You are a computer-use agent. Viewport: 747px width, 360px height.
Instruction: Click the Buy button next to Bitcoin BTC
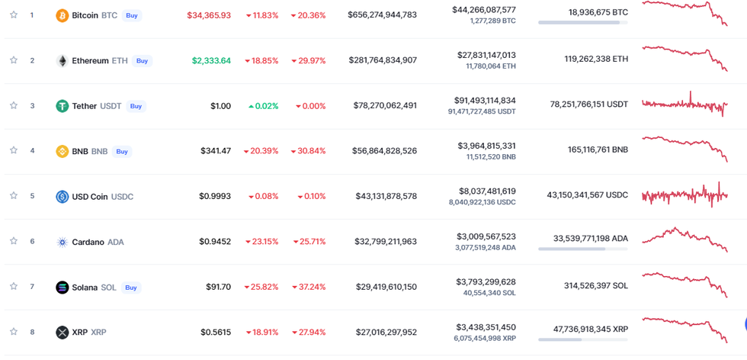(132, 15)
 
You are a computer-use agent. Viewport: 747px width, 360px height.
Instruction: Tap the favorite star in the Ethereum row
(14, 60)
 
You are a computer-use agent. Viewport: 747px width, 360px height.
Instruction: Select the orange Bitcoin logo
(63, 15)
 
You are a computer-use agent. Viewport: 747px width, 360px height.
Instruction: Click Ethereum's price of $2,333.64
(211, 60)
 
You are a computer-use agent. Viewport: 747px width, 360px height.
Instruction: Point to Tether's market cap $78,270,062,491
(385, 106)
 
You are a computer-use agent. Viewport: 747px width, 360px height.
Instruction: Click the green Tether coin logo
(63, 106)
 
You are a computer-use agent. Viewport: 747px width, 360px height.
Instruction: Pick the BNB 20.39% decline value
(261, 151)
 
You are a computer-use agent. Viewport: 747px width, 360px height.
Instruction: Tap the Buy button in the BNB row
(122, 151)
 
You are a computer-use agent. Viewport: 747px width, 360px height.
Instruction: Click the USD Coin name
(90, 197)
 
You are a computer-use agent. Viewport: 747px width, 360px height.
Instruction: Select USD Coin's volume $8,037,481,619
(486, 191)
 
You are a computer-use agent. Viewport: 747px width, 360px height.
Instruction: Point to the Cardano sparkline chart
(684, 239)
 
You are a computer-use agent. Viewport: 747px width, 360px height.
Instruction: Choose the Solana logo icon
(63, 288)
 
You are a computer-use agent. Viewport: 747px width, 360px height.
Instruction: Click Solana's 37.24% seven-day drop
(309, 287)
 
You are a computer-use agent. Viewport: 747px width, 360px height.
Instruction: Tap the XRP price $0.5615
(216, 333)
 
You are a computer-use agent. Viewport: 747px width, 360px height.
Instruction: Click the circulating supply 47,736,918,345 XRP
(591, 329)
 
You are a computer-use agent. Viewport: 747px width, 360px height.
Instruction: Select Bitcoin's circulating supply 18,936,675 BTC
(598, 12)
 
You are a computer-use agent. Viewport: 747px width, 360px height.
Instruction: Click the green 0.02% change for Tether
(264, 106)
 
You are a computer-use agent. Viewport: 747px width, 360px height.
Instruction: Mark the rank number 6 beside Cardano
(32, 242)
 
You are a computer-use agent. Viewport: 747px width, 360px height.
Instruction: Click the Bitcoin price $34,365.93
(209, 15)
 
